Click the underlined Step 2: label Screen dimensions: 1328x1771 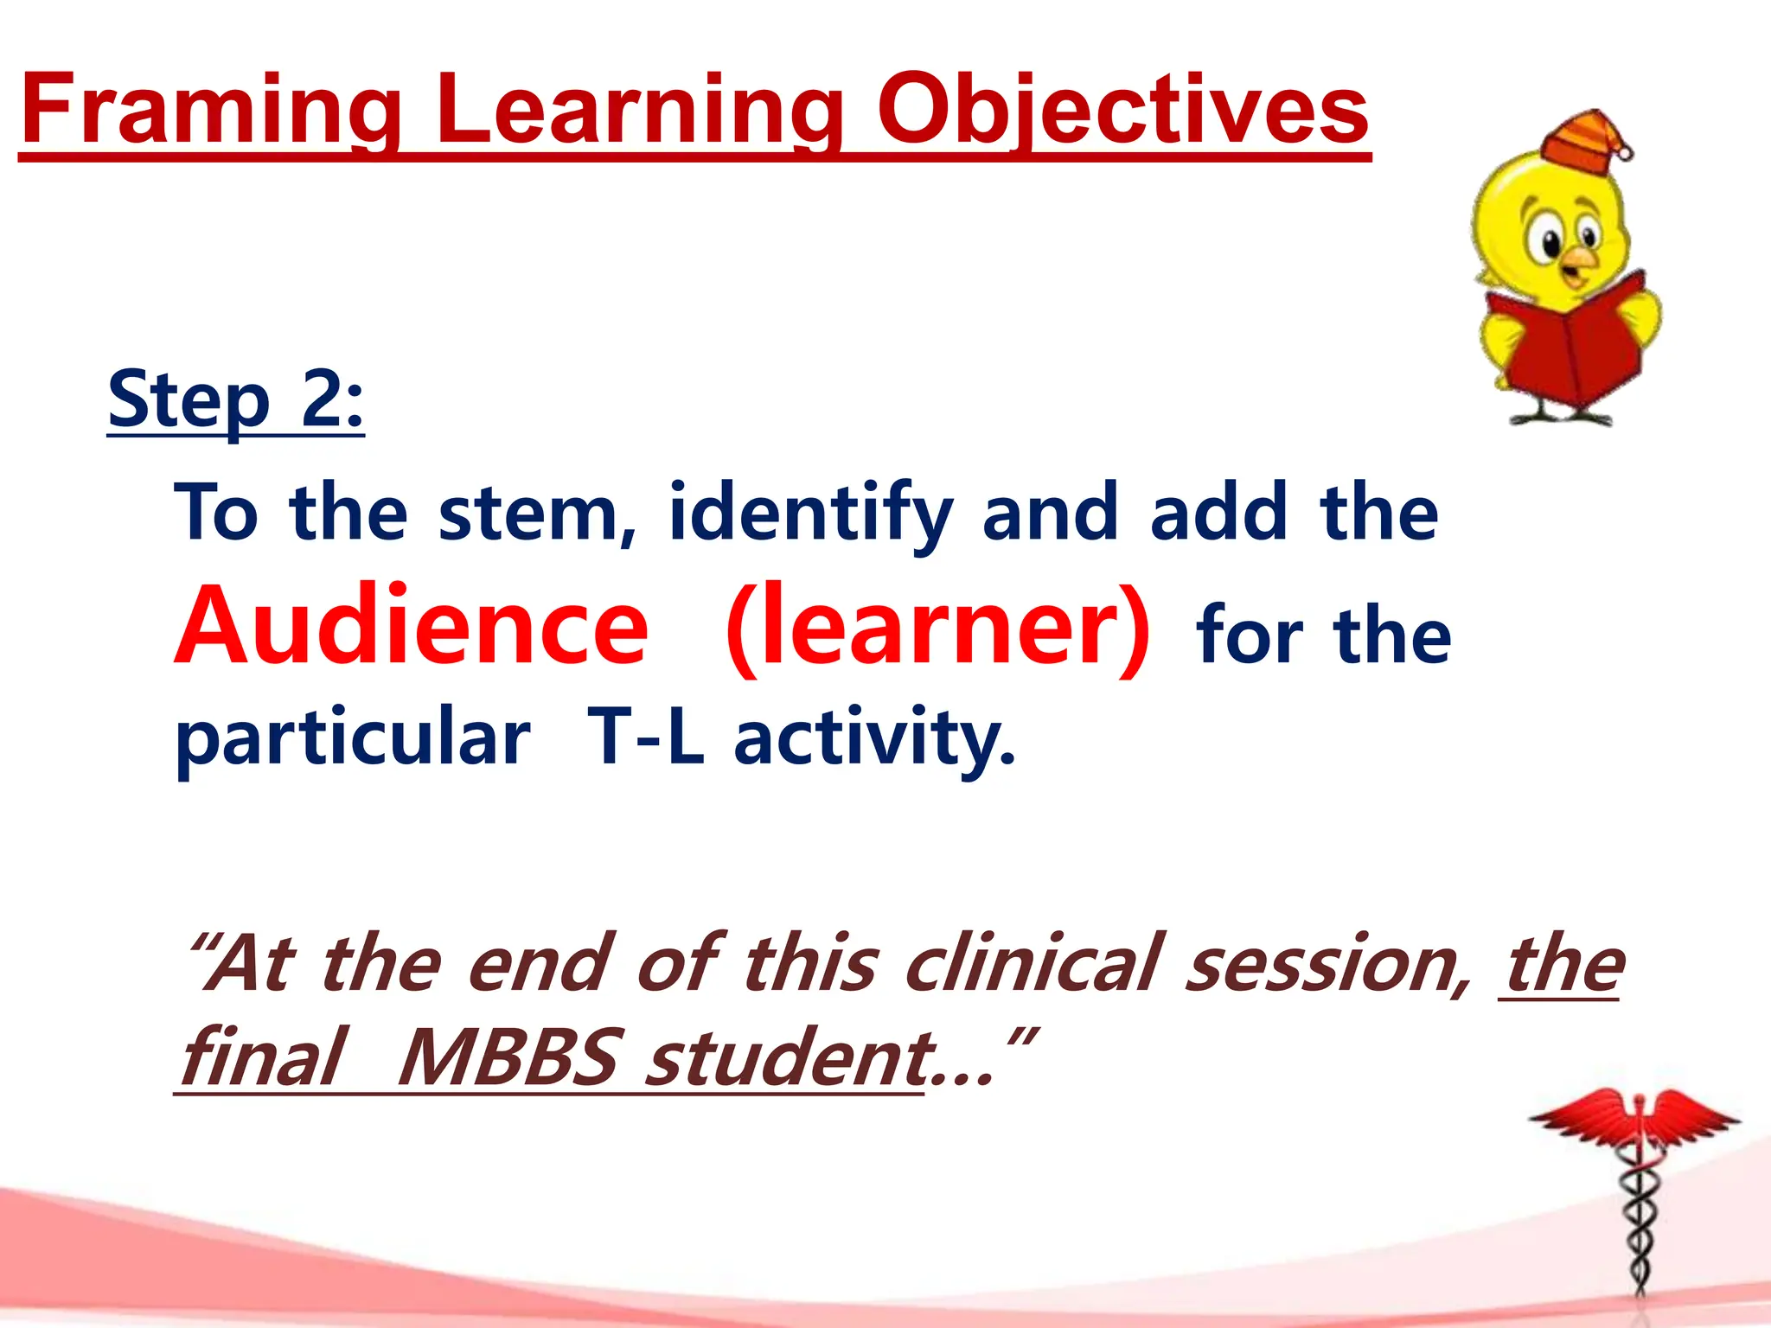pos(235,400)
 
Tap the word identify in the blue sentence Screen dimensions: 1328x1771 pos(810,514)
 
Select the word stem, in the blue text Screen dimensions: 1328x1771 pos(536,514)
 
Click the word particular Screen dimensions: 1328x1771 pos(353,737)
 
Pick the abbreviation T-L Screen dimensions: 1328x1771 pos(645,737)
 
